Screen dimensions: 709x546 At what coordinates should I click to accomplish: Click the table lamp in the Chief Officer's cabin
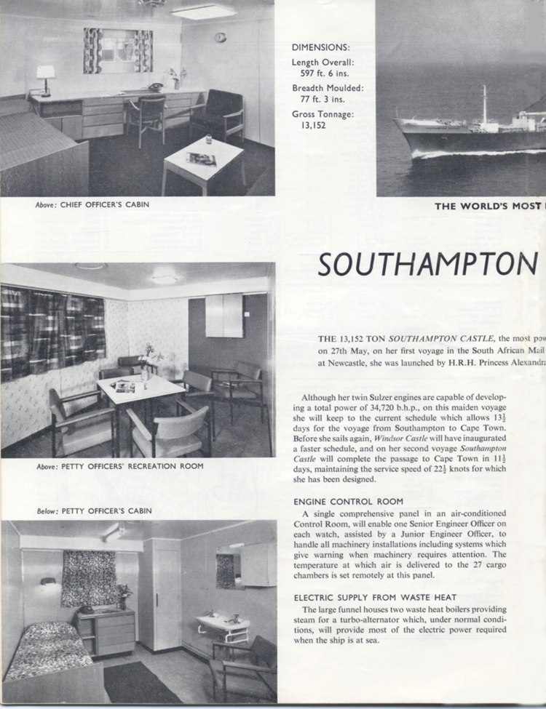(46, 77)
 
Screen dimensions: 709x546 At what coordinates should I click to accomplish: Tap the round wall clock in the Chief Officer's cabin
(221, 37)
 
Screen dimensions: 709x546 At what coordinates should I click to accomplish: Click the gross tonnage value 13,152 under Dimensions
(309, 125)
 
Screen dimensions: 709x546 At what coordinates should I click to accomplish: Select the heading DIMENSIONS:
(321, 47)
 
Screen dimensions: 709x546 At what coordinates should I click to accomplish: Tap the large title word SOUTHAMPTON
(427, 265)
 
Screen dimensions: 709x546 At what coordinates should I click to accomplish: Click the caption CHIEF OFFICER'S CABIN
(105, 205)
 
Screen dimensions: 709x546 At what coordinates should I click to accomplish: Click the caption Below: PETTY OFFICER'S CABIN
(94, 510)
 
